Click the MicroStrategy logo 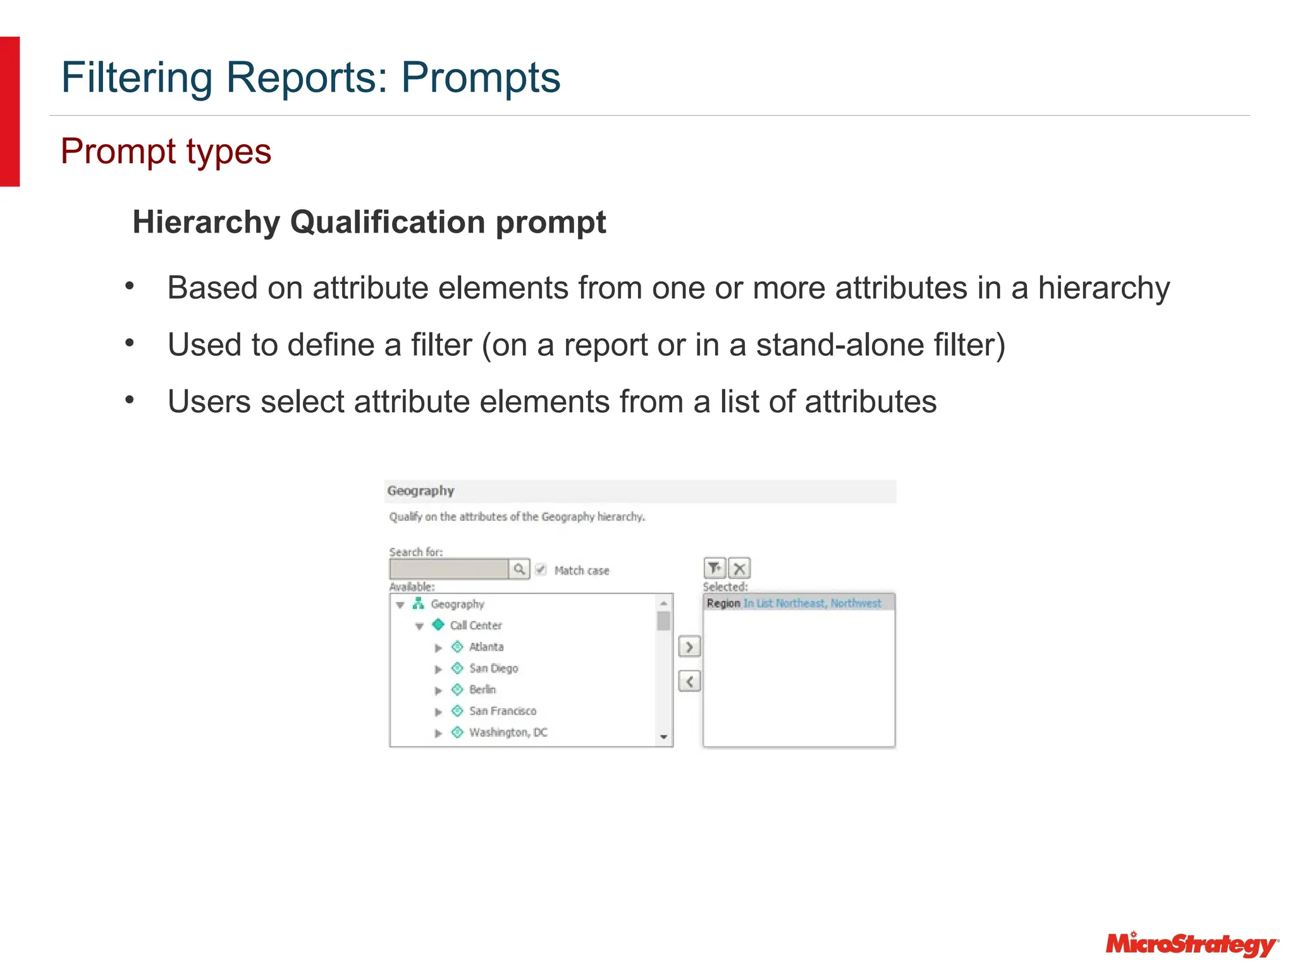1191,944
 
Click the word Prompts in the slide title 481,78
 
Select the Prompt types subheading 166,152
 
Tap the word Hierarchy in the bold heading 206,223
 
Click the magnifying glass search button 519,569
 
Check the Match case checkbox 541,570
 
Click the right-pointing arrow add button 689,647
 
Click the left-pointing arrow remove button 689,681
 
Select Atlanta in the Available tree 486,647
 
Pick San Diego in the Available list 493,668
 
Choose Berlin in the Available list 482,690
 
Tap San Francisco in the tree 502,711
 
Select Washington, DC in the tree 508,733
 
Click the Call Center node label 476,625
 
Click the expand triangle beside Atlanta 438,648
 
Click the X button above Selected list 739,568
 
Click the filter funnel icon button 715,568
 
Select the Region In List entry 794,603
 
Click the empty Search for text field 449,569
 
